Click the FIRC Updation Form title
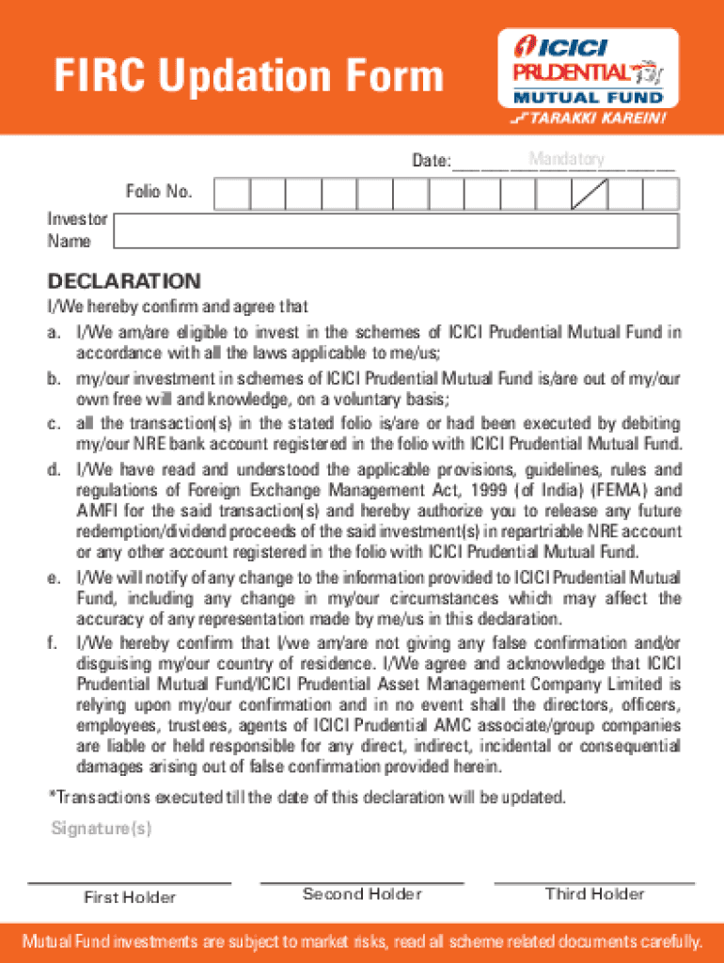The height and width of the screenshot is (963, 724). point(248,76)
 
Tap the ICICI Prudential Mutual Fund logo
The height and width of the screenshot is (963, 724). point(587,69)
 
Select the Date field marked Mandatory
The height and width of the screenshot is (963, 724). point(564,161)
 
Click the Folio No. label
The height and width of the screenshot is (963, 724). point(159,193)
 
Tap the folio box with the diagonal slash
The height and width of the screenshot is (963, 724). point(590,194)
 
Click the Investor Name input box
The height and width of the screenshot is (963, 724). point(395,230)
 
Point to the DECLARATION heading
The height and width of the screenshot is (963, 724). point(125,281)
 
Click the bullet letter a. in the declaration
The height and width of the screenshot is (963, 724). point(55,333)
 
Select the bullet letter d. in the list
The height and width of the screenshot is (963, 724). point(55,468)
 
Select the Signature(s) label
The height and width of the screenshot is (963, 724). point(102,829)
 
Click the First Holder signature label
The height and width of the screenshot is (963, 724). point(130,897)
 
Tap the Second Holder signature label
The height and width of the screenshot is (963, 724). point(362,894)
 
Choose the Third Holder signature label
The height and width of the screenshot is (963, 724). point(595,894)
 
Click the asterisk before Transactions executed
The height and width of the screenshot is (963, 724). point(52,797)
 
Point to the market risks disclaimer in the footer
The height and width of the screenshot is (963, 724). point(362,941)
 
